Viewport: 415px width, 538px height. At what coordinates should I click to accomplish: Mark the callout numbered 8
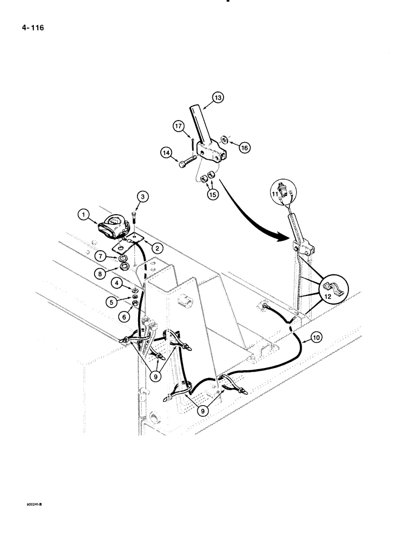click(100, 273)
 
